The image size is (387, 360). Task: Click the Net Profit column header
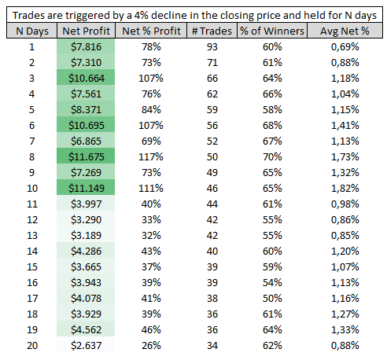pos(86,31)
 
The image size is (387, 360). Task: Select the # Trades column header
pos(212,31)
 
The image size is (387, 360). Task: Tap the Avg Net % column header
pos(345,31)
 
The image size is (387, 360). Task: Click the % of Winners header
pos(272,31)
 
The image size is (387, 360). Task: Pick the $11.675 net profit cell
pos(87,156)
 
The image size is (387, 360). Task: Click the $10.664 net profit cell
pos(87,78)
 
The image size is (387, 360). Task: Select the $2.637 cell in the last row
pos(87,345)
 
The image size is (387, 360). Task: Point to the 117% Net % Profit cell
pos(151,156)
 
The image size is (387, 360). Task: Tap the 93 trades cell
pos(212,46)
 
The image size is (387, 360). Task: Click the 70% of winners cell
pos(272,156)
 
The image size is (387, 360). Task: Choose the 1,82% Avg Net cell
pos(345,188)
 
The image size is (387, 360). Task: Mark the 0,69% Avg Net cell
pos(345,46)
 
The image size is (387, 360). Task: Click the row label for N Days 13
pos(32,235)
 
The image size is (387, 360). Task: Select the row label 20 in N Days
pos(32,345)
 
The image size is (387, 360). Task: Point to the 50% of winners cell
pos(272,298)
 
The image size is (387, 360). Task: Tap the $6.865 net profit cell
pos(87,141)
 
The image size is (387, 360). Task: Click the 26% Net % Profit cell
pos(151,345)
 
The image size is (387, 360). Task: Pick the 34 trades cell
pos(212,345)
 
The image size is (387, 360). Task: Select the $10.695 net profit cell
pos(87,125)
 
